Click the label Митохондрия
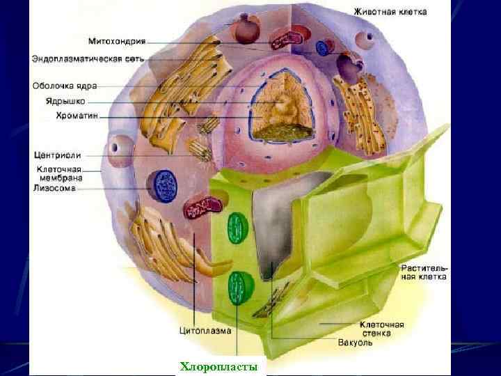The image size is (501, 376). point(117,41)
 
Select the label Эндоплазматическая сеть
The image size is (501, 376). point(88,58)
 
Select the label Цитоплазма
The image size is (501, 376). point(205,331)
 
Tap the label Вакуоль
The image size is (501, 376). point(355,342)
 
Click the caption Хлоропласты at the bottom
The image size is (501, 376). point(218,366)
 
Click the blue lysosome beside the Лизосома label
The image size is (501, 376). point(166,186)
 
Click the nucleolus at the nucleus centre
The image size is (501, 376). point(285,108)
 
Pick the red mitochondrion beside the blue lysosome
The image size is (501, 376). point(203,207)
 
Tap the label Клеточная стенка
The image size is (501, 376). point(381,328)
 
